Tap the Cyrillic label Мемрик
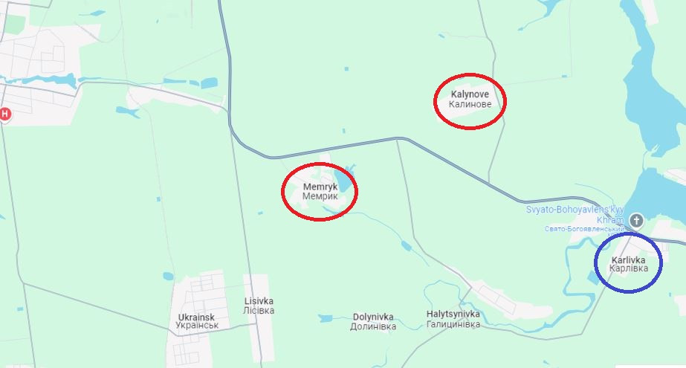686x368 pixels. coord(320,196)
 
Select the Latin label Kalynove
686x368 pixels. coord(470,95)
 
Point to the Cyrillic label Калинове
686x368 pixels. coord(470,105)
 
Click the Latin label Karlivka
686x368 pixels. coord(628,260)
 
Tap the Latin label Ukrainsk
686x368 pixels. coord(197,317)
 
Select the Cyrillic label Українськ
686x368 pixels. coord(197,326)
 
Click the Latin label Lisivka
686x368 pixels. coord(259,301)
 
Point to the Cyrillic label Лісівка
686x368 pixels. coord(259,310)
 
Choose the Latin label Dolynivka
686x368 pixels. coord(372,317)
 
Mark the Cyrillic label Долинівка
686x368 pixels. coord(372,326)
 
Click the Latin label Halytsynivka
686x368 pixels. coord(453,314)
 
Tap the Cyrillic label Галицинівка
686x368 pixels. coord(453,324)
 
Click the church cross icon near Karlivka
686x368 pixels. coord(636,220)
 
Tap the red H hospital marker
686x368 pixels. coord(6,114)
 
